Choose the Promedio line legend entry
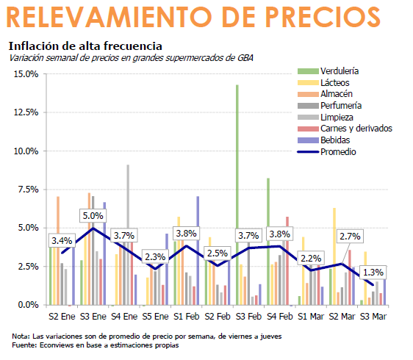[337, 151]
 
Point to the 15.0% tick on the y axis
[26, 74]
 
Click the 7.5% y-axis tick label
[28, 190]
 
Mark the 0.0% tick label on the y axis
[28, 305]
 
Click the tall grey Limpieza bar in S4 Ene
[128, 234]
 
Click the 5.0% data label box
[93, 216]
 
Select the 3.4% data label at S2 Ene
[62, 240]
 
